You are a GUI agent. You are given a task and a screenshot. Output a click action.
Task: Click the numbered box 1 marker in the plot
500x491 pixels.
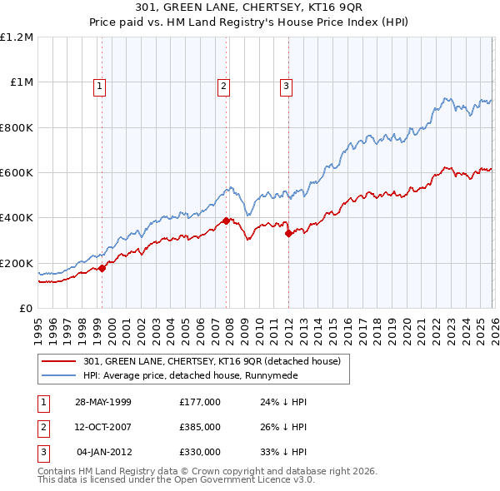(99, 85)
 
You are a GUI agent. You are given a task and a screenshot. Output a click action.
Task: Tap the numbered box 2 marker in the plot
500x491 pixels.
(224, 85)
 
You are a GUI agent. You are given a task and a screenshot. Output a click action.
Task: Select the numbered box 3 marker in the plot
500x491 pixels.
(286, 85)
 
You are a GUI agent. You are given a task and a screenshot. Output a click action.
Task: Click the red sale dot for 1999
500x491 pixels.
(102, 268)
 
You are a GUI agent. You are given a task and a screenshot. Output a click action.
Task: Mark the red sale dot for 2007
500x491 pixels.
(226, 221)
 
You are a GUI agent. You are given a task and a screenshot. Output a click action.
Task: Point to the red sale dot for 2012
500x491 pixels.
(288, 234)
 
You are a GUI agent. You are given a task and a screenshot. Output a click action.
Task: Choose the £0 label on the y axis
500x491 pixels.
(26, 308)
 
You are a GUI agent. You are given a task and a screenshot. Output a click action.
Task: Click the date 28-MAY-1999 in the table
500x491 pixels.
(103, 401)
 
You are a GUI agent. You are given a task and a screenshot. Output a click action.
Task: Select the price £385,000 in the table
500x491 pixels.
(200, 427)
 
